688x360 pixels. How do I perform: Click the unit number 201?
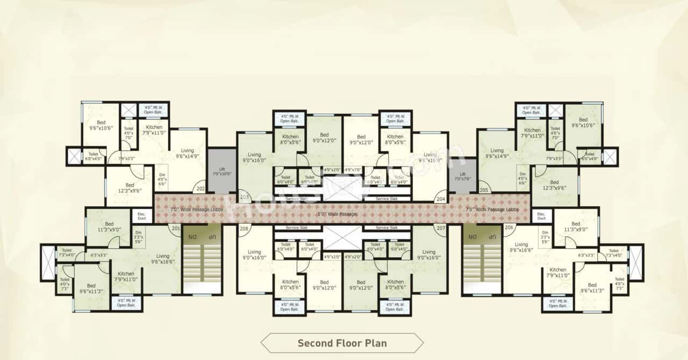pos(175,228)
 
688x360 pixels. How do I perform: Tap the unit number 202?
pos(200,189)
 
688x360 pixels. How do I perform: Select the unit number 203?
pos(245,198)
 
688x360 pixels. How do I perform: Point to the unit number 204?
pos(441,198)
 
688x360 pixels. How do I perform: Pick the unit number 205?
pos(484,190)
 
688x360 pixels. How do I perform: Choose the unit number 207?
pos(441,228)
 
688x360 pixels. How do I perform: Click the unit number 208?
pos(245,228)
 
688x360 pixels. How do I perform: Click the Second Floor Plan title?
pos(342,343)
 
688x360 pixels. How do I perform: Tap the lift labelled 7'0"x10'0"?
pos(221,171)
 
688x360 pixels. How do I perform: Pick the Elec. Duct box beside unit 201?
pos(142,215)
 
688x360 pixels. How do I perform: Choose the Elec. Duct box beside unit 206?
pos(541,215)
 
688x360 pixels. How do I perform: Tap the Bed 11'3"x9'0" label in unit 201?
pos(109,227)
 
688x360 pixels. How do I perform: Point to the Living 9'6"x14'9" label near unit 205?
pos(497,154)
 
